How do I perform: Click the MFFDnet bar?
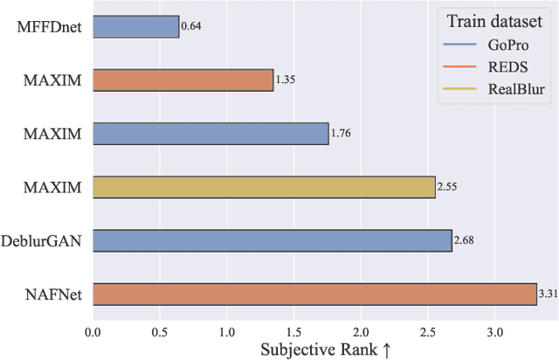point(135,26)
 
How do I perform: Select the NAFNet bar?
point(314,294)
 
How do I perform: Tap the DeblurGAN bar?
point(272,240)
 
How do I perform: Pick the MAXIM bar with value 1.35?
point(183,80)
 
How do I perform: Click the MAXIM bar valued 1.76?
point(210,134)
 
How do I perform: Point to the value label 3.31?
point(548,294)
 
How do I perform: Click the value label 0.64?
point(191,26)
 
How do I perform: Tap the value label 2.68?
point(465,240)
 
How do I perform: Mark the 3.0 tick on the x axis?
point(495,332)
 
